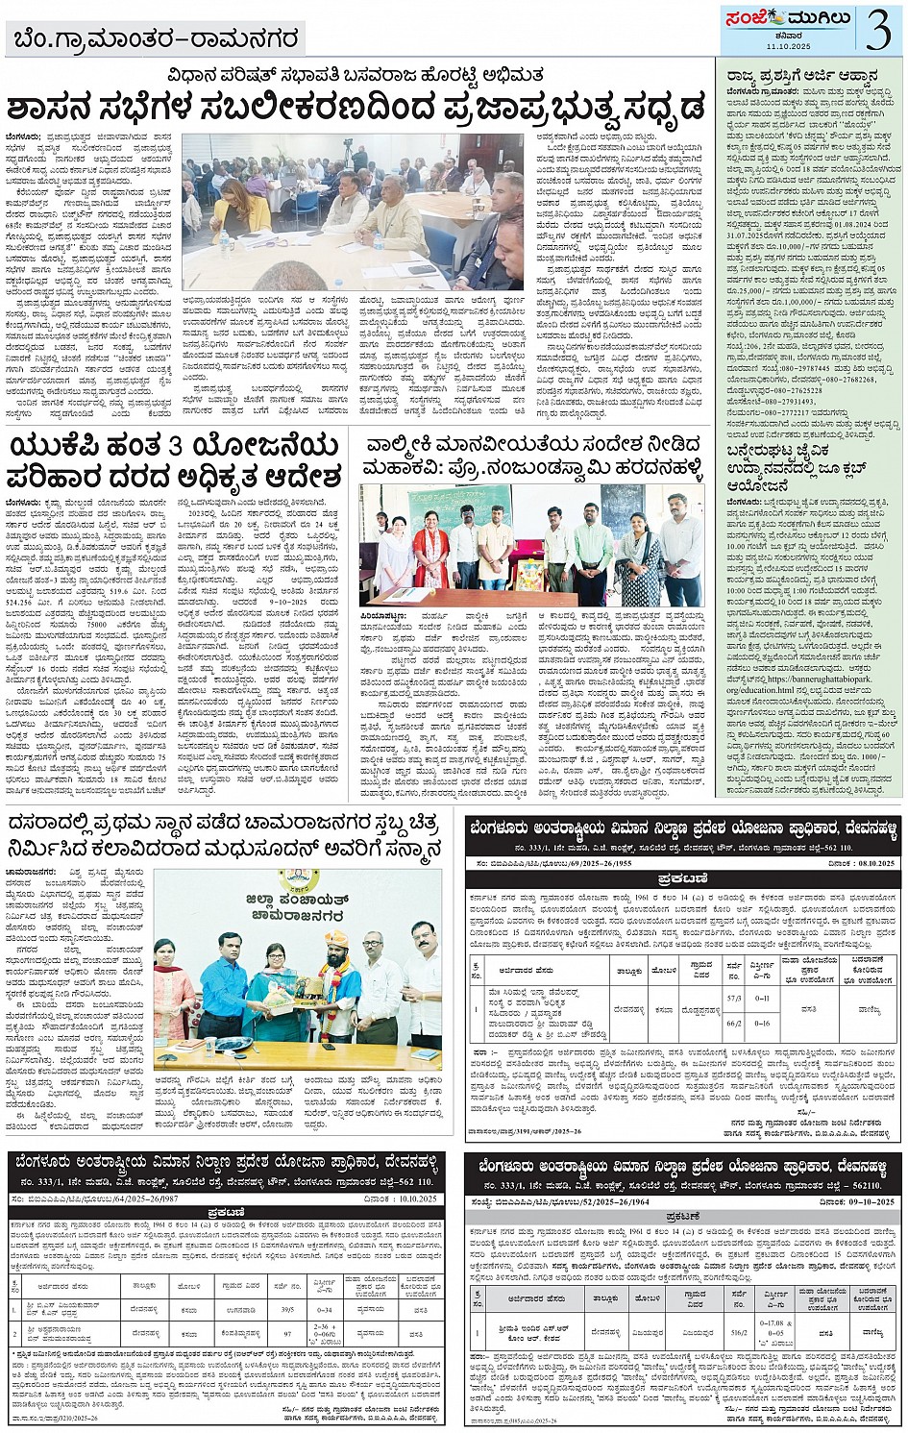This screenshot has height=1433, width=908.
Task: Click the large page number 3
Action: [x=878, y=28]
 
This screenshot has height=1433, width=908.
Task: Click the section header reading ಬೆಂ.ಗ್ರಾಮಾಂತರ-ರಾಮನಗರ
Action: [x=157, y=40]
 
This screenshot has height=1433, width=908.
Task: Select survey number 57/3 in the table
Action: [x=735, y=999]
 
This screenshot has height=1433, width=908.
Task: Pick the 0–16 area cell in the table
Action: [x=762, y=1023]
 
